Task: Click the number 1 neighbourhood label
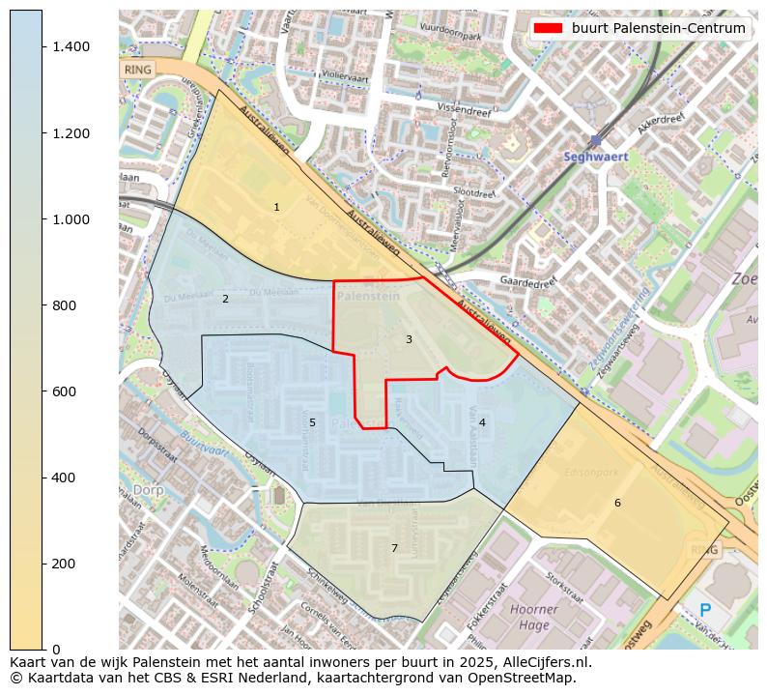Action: [276, 207]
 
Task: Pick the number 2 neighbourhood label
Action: [225, 299]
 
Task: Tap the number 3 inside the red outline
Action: [409, 339]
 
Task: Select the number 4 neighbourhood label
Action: [482, 422]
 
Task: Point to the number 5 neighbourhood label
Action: [312, 422]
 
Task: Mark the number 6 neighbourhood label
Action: [617, 503]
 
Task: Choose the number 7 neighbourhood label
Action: [394, 548]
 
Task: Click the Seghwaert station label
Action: [596, 157]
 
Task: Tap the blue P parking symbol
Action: [705, 611]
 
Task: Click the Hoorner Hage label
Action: [533, 617]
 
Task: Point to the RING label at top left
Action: [138, 70]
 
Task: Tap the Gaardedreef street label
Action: [528, 281]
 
